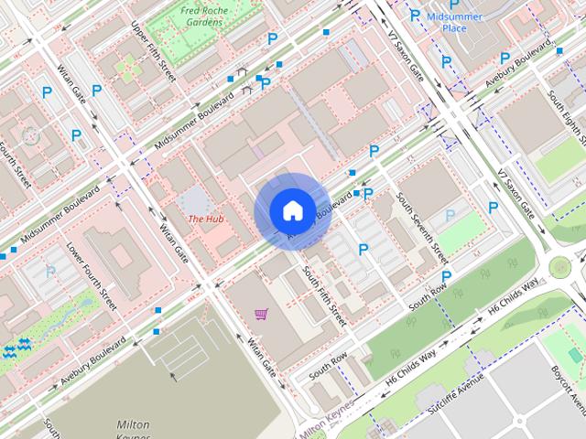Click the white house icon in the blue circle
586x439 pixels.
point(291,210)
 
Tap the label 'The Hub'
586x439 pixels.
point(206,219)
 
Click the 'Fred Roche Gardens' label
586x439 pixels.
point(203,16)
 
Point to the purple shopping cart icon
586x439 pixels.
point(262,316)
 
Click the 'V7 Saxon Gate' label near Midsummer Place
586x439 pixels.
point(406,55)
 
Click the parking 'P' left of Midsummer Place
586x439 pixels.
point(415,16)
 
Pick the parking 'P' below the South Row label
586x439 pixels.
point(446,277)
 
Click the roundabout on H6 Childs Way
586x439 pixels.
point(560,268)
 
